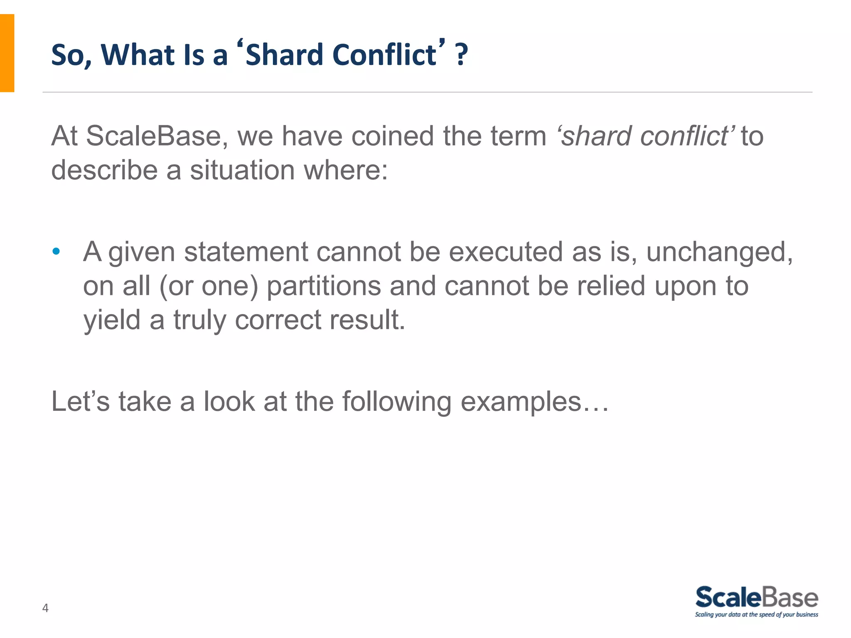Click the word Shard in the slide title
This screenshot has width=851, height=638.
click(284, 55)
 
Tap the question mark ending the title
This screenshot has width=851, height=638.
click(461, 55)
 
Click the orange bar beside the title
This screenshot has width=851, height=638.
click(7, 53)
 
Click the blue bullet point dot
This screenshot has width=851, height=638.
click(56, 251)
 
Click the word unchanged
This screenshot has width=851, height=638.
click(719, 252)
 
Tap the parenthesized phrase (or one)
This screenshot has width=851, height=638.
click(209, 286)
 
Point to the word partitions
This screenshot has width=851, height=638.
click(323, 286)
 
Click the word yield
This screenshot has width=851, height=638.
click(112, 320)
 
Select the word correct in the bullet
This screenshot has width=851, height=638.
click(278, 320)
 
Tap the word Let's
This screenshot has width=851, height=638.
click(81, 402)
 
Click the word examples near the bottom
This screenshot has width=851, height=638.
click(521, 402)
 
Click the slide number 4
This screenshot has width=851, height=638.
click(45, 608)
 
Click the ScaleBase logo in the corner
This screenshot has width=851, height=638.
click(756, 601)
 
